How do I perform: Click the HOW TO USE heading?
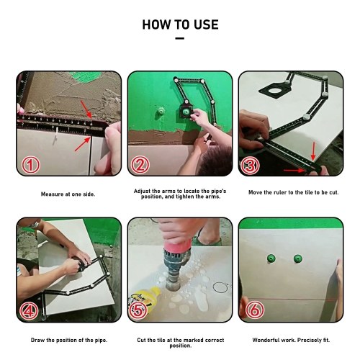(x=180, y=24)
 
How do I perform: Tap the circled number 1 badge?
(x=30, y=165)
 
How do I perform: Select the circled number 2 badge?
(x=140, y=165)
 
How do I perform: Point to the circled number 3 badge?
(x=251, y=165)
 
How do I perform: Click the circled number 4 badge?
(x=29, y=311)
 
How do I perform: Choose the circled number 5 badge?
(x=138, y=310)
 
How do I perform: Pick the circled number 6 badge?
(x=255, y=310)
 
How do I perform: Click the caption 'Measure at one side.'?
(x=68, y=194)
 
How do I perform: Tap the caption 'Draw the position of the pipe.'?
(x=69, y=340)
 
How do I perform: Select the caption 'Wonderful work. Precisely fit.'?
(x=291, y=340)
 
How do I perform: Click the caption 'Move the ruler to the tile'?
(x=281, y=192)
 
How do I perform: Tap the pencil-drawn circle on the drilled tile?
(x=220, y=287)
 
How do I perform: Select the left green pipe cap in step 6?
(x=271, y=258)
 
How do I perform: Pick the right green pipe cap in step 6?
(x=297, y=258)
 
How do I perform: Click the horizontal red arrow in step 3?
(x=294, y=171)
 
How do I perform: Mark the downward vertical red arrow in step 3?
(x=313, y=151)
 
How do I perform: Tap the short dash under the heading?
(x=180, y=38)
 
